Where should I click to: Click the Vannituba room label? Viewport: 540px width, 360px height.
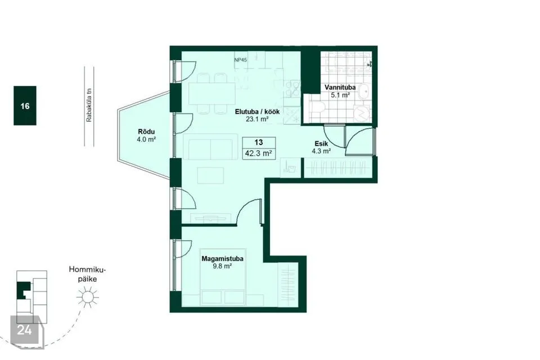click(340, 88)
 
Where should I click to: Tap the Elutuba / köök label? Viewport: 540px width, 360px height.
click(257, 111)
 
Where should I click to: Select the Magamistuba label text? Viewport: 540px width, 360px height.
click(223, 259)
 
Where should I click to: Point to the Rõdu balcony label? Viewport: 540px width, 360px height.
click(146, 132)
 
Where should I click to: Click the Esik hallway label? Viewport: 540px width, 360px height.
click(321, 143)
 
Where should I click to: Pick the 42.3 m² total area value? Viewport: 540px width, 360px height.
click(259, 154)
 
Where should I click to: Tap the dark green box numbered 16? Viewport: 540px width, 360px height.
click(25, 106)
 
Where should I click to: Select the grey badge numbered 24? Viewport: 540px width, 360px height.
click(24, 330)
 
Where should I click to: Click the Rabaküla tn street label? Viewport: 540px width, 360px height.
click(89, 106)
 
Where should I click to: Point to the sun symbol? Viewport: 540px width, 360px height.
click(88, 298)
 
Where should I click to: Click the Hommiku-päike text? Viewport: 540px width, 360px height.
click(87, 274)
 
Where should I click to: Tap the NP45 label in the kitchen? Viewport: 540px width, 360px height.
click(240, 60)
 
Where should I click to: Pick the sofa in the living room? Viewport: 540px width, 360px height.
click(210, 147)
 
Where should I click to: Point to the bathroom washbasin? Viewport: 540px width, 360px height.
click(363, 92)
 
